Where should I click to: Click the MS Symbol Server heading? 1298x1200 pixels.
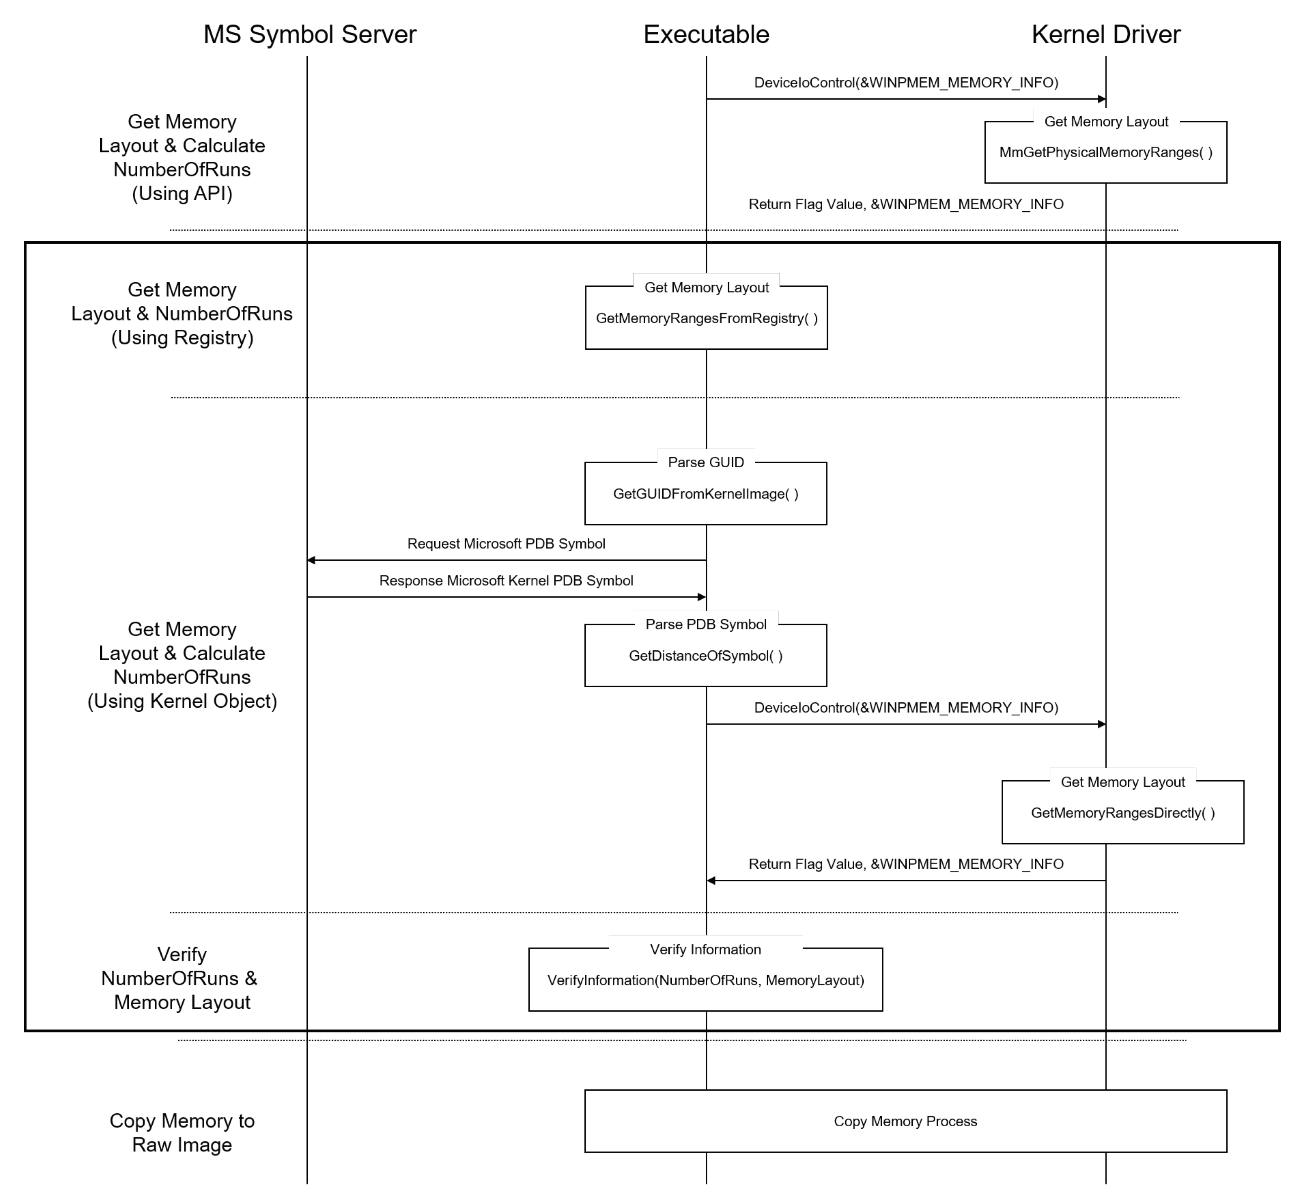(x=309, y=34)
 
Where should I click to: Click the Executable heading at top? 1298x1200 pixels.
(x=706, y=34)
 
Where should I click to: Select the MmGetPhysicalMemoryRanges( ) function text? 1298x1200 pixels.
(x=1105, y=153)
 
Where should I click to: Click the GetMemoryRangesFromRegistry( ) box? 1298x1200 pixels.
(x=706, y=318)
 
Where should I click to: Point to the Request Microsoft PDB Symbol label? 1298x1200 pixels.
(x=506, y=543)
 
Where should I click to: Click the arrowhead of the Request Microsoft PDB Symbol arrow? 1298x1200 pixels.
(x=311, y=560)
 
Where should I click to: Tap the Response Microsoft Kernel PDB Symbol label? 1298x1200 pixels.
(x=506, y=580)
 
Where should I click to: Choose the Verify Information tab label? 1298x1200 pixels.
(x=705, y=949)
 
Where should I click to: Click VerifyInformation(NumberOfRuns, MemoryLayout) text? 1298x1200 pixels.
(x=705, y=980)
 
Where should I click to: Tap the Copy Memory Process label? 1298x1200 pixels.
(x=905, y=1121)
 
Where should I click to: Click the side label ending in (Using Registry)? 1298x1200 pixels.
(x=182, y=314)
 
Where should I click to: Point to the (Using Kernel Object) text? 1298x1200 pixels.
(x=182, y=701)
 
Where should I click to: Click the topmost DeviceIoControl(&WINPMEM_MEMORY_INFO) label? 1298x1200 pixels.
(x=906, y=82)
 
